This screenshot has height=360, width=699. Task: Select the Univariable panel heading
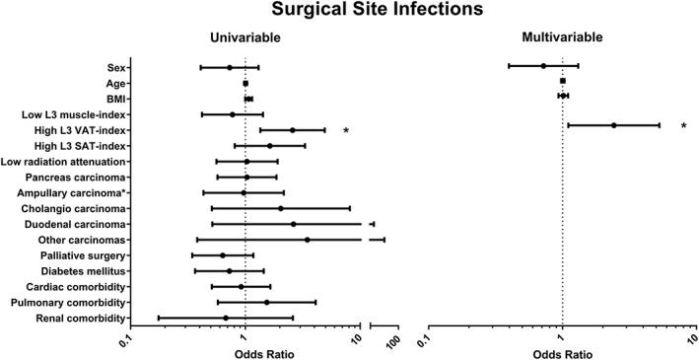point(245,37)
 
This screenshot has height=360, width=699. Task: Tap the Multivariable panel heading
point(563,37)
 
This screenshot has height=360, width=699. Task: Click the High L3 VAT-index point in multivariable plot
point(613,125)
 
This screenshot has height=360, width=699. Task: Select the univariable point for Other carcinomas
point(307,240)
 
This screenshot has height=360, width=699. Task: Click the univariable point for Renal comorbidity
point(226,318)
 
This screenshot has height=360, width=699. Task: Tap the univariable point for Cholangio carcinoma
point(280,208)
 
